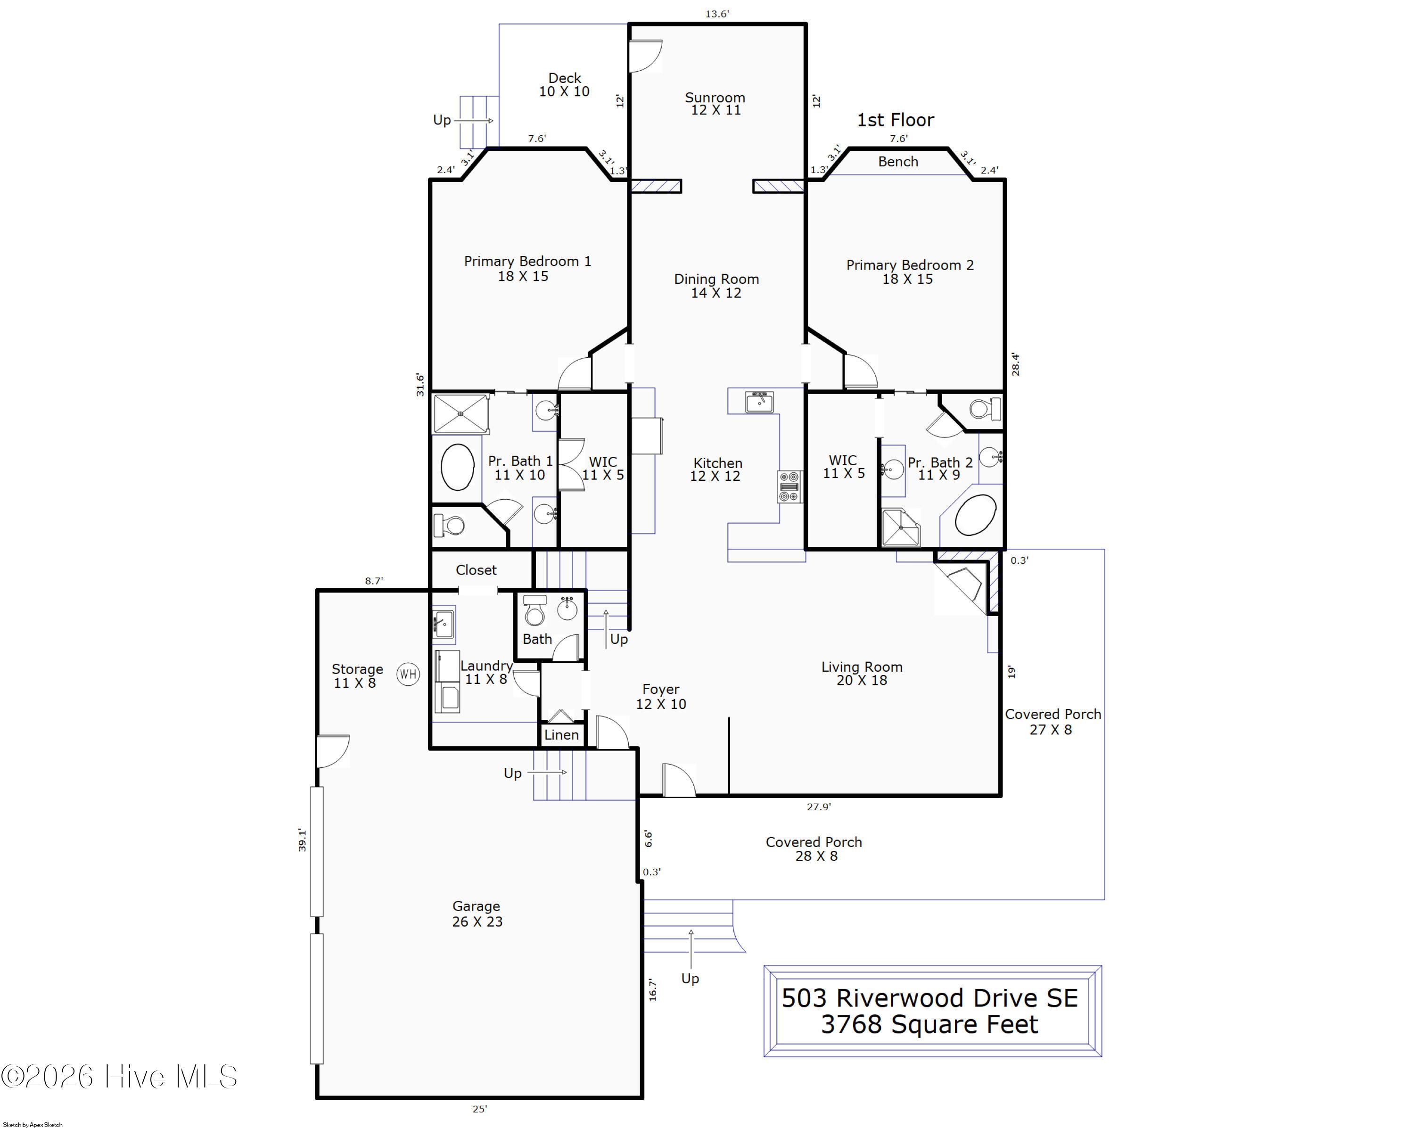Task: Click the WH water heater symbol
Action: [x=408, y=674]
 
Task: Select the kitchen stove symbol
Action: [x=789, y=486]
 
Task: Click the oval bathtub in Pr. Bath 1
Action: [x=457, y=467]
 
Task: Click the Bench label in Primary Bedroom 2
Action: [x=898, y=161]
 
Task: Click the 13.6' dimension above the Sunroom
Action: [x=717, y=13]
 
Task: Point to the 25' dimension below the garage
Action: [x=479, y=1109]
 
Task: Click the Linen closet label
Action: [x=561, y=734]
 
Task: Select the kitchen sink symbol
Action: [x=759, y=401]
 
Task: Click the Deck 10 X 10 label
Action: [x=564, y=84]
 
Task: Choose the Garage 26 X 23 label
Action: [x=477, y=914]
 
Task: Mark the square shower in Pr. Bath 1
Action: [x=461, y=414]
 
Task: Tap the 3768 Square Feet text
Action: [x=929, y=1024]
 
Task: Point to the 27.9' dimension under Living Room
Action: [x=819, y=807]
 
